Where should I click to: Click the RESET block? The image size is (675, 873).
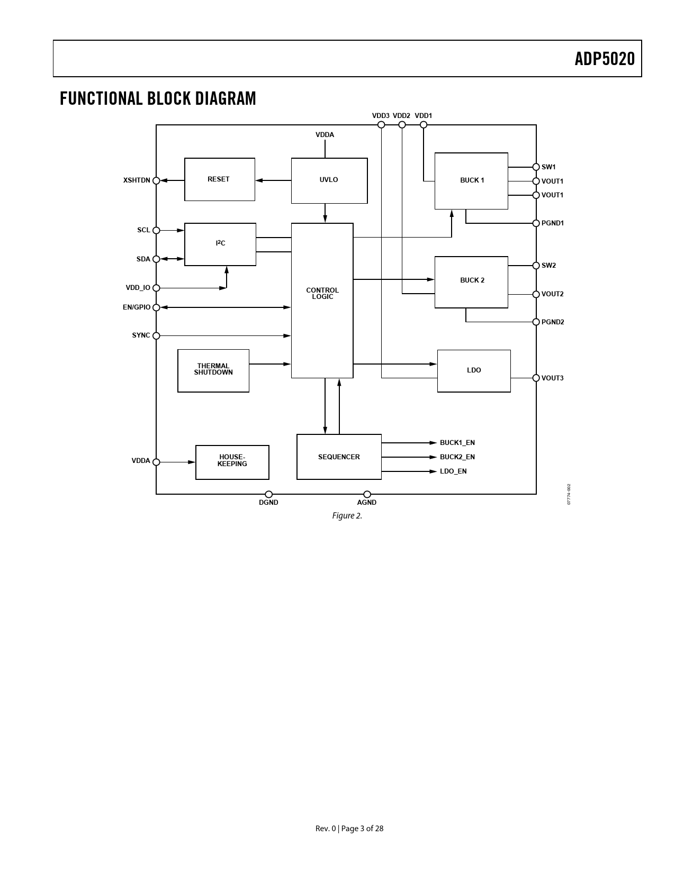tap(219, 179)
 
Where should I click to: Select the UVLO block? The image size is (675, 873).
tap(329, 180)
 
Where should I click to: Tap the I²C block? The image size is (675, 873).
tap(220, 244)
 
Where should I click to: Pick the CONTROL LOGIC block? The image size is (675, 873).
tap(322, 300)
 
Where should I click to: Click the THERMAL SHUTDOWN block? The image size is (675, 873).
tap(213, 370)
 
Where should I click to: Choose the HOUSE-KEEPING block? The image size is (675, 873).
tap(232, 462)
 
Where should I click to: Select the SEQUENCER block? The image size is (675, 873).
tap(339, 457)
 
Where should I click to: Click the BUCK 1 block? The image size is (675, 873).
tap(471, 180)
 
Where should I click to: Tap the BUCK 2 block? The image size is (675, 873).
tap(471, 281)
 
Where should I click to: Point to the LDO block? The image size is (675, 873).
tap(474, 370)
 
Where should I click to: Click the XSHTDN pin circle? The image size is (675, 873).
tap(156, 180)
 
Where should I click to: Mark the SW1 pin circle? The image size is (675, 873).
tap(536, 167)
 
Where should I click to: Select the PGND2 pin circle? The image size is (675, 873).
tap(536, 322)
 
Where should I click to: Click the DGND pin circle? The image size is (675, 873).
tap(268, 494)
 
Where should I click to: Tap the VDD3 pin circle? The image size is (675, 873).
tap(381, 125)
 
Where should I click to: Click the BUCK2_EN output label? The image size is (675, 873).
tap(457, 457)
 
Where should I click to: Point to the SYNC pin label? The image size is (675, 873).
tap(141, 335)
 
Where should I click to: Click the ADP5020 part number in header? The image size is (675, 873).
tap(605, 59)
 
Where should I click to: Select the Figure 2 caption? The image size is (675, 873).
tap(347, 516)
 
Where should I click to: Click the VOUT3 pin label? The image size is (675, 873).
tap(552, 378)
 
